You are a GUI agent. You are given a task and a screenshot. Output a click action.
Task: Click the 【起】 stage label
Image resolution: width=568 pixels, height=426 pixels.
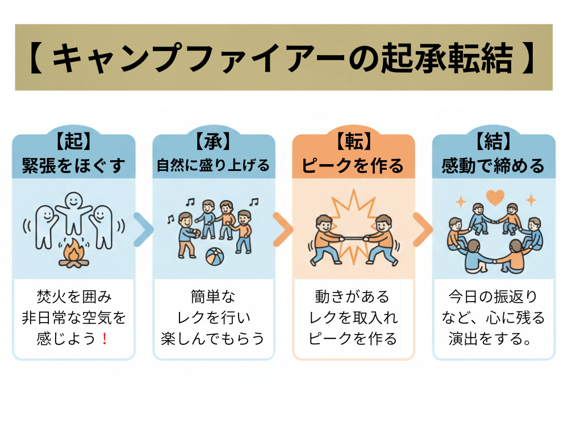point(73,142)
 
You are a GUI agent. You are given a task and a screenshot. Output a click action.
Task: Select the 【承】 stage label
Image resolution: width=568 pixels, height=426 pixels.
point(213,142)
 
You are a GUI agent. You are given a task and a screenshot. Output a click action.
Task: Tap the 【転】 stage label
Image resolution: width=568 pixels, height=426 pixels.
point(353,142)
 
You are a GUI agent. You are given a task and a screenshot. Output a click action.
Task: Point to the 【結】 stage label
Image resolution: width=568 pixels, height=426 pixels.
point(493,142)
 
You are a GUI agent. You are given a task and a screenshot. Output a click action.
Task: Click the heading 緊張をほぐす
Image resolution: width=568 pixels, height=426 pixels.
point(73,165)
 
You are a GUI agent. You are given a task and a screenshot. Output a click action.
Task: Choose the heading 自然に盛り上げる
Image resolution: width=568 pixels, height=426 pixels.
point(213,165)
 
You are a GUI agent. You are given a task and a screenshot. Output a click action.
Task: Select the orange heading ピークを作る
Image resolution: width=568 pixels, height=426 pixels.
point(353,165)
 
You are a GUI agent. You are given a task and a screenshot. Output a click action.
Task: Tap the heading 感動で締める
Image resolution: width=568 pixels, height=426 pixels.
point(493,165)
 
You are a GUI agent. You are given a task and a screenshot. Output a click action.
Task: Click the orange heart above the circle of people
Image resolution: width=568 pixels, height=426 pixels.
point(495,198)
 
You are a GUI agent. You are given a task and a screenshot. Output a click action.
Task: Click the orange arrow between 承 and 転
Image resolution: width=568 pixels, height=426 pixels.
point(283,229)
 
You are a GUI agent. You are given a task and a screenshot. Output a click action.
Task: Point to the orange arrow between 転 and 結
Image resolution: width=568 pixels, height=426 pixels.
point(423,229)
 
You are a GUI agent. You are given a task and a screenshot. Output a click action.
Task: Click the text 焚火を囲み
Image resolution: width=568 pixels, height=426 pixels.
point(73,296)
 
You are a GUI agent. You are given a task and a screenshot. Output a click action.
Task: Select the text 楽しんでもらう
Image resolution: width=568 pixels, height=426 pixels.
point(213,339)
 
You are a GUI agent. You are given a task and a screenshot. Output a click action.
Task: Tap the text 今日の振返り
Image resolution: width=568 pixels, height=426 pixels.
point(493,296)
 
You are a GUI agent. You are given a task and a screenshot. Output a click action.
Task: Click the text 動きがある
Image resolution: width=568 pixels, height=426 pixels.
point(353,296)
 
